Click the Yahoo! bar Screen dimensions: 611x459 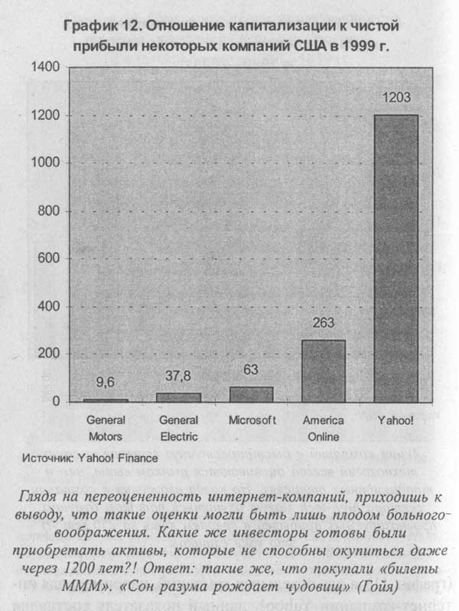pos(397,258)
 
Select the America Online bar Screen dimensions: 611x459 pos(324,371)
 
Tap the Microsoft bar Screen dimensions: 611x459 pos(251,394)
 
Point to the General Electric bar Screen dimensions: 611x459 pos(178,397)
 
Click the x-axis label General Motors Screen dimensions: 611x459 pos(106,428)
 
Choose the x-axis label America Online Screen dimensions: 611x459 pos(324,428)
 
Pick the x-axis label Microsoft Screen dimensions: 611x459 pos(252,420)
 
